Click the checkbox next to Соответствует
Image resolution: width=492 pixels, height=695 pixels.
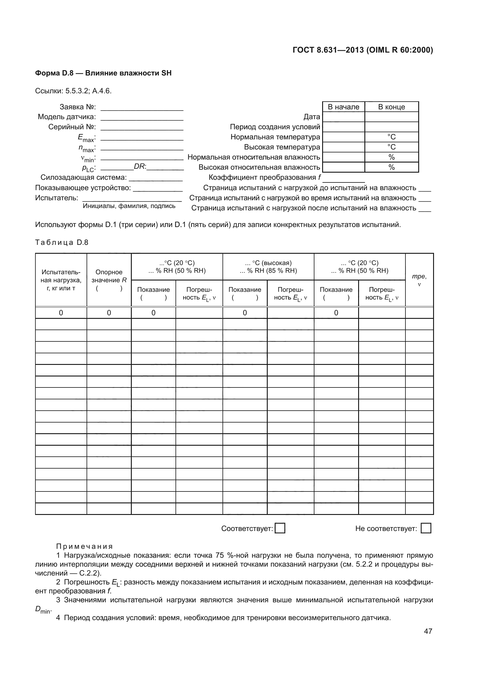click(280, 528)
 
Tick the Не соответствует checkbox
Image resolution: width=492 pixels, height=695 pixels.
click(426, 528)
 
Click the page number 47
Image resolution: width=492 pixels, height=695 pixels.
click(428, 631)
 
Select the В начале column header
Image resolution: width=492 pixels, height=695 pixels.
click(344, 107)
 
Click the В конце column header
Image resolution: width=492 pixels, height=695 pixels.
click(391, 107)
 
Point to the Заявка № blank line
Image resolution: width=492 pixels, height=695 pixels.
click(142, 108)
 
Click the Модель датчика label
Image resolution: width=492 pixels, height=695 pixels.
click(67, 117)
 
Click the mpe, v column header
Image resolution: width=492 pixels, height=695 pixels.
click(419, 280)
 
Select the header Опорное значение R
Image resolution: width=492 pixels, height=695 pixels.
click(109, 280)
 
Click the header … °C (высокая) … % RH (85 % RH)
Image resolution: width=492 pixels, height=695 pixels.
click(268, 267)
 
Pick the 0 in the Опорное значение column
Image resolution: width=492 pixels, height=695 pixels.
click(109, 313)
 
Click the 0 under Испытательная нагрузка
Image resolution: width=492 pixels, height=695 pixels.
click(61, 313)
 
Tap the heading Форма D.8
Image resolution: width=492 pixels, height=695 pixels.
click(103, 73)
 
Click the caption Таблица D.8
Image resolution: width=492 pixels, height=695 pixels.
click(62, 242)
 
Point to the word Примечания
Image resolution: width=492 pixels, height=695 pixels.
click(84, 546)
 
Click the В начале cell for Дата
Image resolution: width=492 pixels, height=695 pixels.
click(344, 117)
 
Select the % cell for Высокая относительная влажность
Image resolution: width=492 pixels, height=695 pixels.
click(391, 167)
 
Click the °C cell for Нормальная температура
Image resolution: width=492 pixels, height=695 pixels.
click(391, 137)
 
